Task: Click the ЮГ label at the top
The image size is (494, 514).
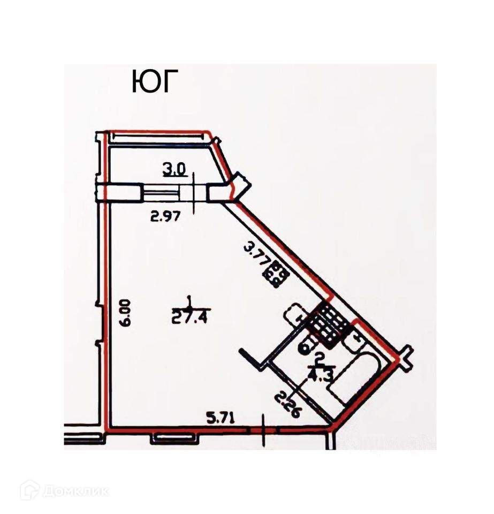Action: (154, 82)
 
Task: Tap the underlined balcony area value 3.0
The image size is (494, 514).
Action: (174, 170)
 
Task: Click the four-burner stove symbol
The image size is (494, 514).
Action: (280, 274)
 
